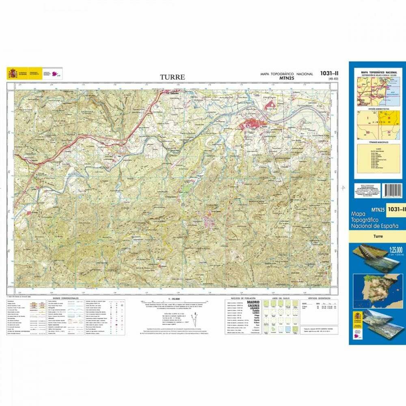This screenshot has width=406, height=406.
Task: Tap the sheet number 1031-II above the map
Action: (329, 73)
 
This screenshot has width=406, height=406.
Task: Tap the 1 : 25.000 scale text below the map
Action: (173, 298)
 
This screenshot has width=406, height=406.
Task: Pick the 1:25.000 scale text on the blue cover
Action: (395, 249)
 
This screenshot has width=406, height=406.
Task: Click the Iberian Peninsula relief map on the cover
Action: (378, 291)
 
